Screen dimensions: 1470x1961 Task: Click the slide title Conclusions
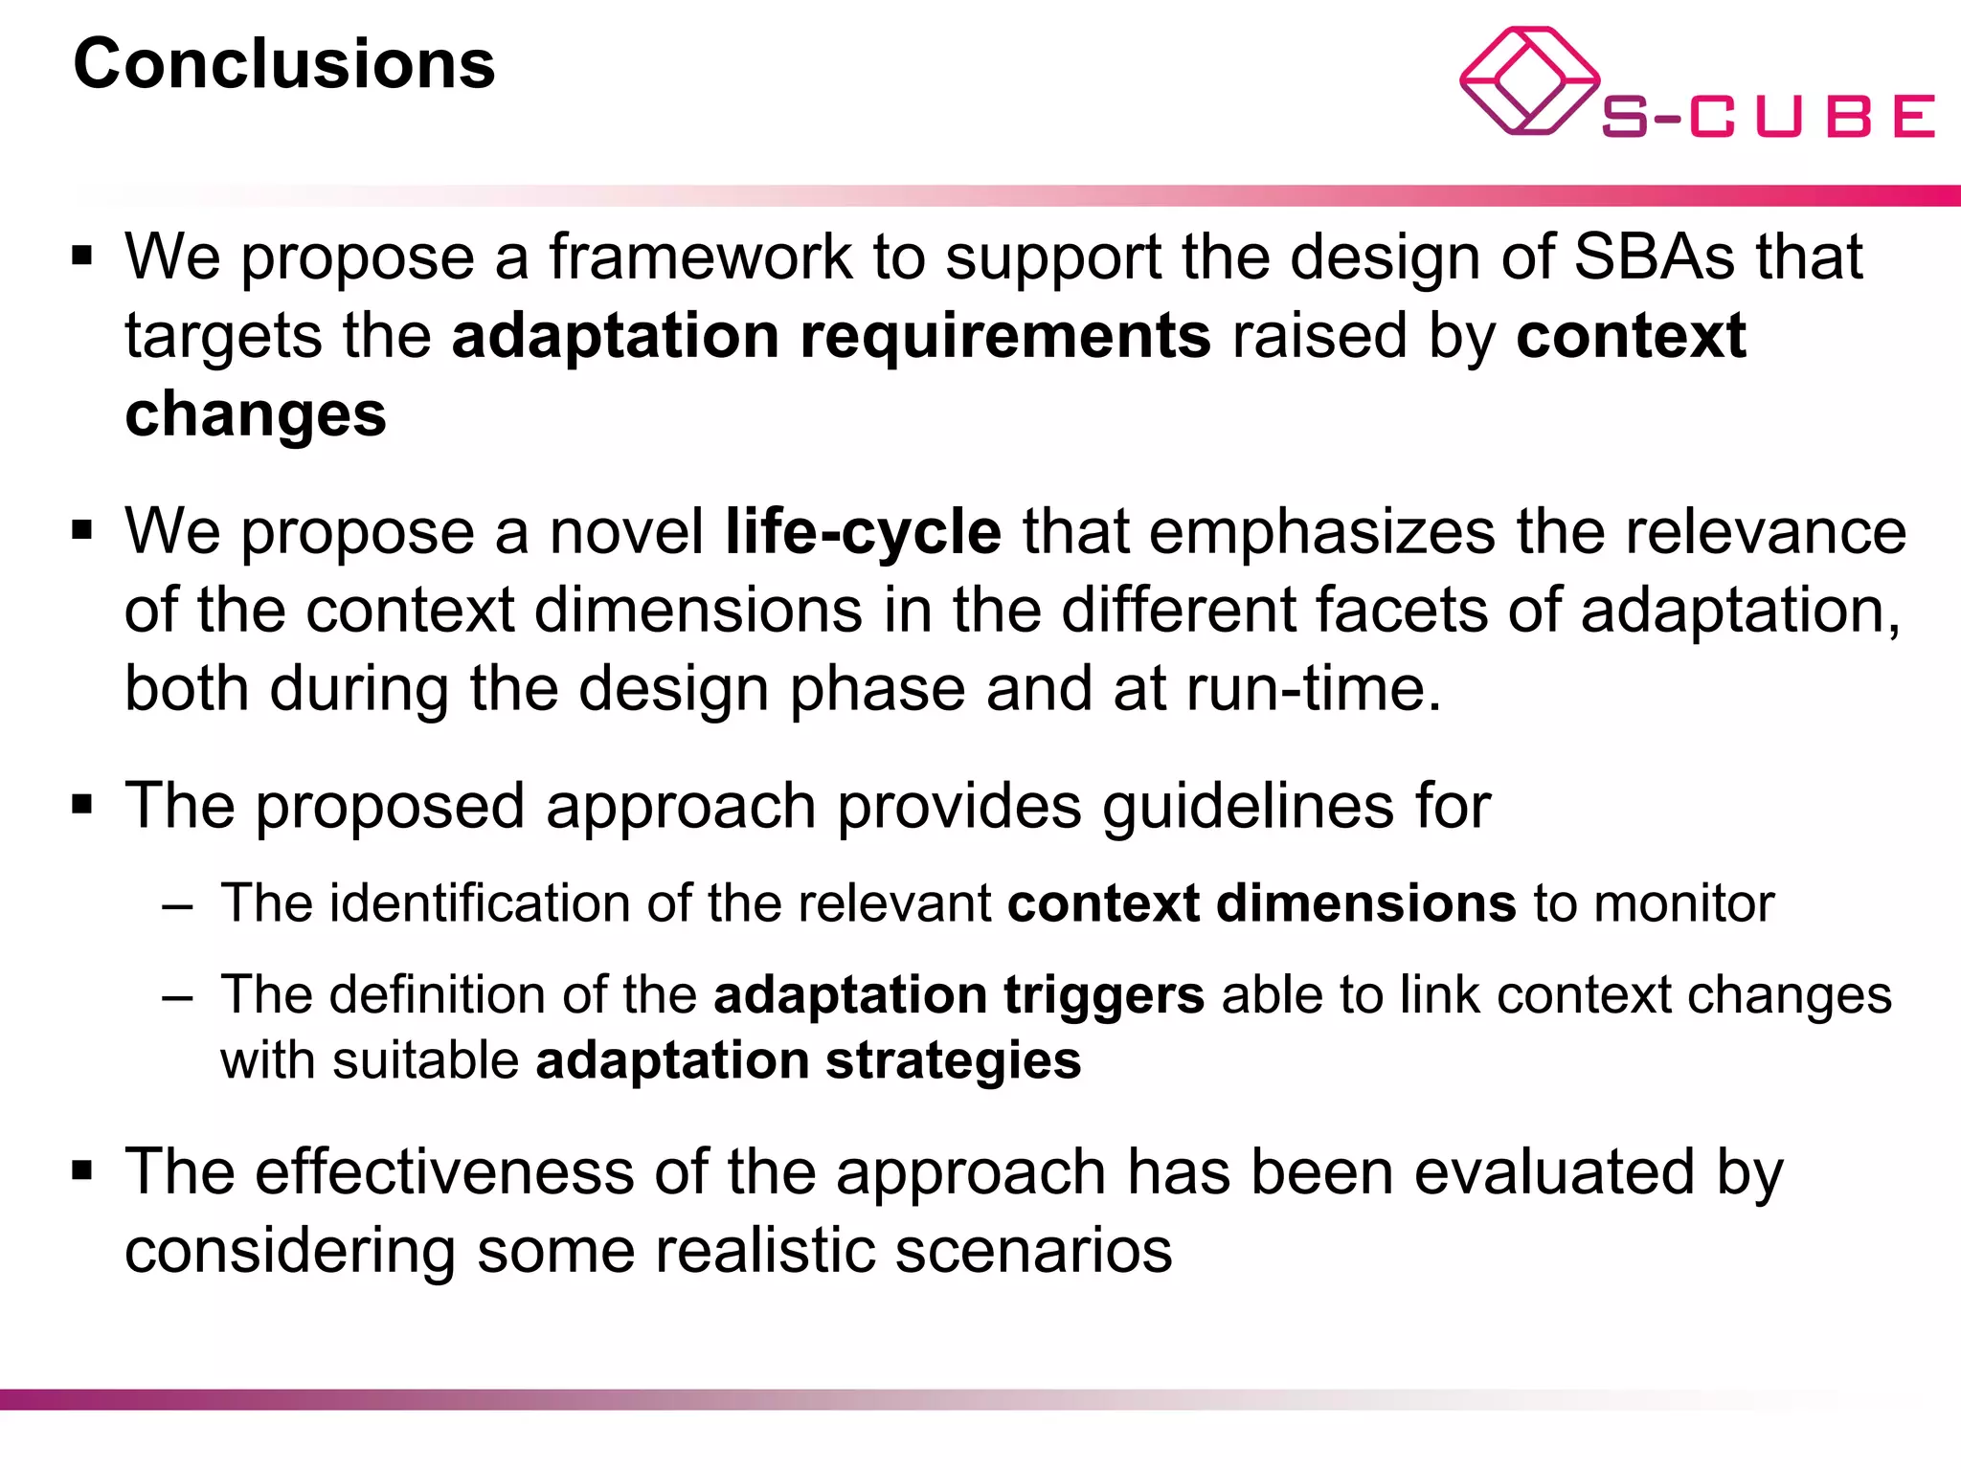(284, 65)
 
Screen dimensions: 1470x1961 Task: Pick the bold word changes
(256, 414)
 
